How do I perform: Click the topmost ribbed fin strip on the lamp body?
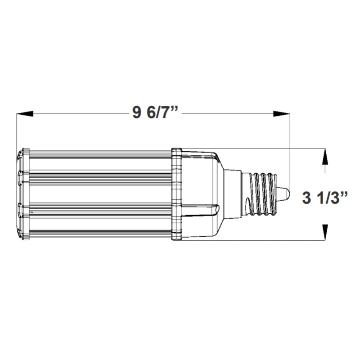click(99, 153)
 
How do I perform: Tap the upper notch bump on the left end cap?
click(20, 173)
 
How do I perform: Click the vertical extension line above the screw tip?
click(289, 148)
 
